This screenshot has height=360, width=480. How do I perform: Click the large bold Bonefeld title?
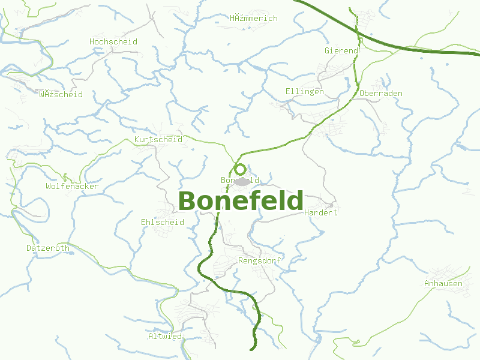(x=241, y=201)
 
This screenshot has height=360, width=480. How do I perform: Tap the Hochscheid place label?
(x=113, y=42)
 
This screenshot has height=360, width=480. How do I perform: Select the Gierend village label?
(x=341, y=51)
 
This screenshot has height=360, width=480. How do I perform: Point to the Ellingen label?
(x=304, y=92)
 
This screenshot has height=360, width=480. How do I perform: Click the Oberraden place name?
(x=381, y=94)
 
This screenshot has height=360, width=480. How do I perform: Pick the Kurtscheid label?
(x=158, y=140)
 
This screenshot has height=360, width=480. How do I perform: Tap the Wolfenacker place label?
(x=72, y=187)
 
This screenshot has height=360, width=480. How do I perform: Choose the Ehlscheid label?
(x=162, y=223)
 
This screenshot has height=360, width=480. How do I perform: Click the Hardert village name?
(x=321, y=213)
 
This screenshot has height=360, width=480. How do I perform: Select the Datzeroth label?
(x=48, y=248)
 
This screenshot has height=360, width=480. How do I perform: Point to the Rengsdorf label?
(x=259, y=261)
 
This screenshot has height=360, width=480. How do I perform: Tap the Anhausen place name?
(x=443, y=284)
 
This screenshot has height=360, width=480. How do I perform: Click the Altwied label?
(x=165, y=337)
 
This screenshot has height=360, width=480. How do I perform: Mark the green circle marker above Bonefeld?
(x=240, y=169)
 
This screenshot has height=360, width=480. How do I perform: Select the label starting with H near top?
(x=254, y=19)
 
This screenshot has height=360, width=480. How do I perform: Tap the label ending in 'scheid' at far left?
(x=61, y=95)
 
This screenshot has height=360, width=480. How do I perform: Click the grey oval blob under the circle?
(x=242, y=181)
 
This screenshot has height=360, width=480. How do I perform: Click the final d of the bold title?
(x=295, y=201)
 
